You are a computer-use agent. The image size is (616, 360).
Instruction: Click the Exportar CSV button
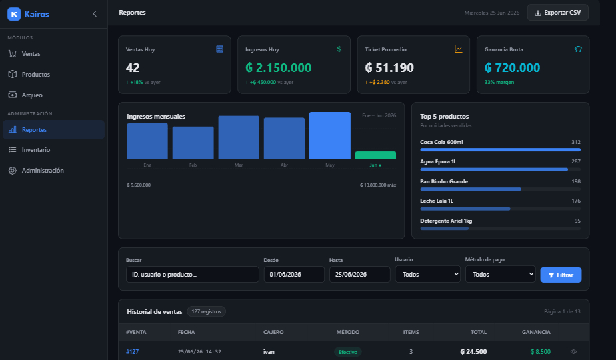(558, 13)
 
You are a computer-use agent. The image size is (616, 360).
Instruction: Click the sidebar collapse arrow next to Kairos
(95, 14)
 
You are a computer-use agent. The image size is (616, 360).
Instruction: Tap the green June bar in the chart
(375, 155)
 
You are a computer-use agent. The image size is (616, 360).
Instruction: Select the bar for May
(330, 135)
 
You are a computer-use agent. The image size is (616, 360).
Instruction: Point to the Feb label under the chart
(193, 165)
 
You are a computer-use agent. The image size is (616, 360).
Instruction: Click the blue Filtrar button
(561, 275)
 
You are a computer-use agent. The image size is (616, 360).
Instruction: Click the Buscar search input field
(193, 274)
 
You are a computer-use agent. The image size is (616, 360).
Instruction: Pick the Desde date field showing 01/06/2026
(294, 274)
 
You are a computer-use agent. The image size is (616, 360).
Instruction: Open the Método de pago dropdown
(501, 274)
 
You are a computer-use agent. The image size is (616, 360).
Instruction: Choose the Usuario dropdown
(427, 274)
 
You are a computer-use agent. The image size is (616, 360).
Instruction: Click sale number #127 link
(133, 352)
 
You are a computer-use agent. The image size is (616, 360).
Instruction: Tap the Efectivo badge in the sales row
(348, 352)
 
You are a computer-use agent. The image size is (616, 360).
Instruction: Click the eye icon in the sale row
(573, 352)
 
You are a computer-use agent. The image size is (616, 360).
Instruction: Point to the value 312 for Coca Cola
(576, 142)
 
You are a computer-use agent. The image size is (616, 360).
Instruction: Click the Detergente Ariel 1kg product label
(446, 221)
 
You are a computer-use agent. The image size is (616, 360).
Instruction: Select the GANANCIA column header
(536, 332)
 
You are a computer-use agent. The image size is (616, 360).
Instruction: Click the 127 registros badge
(206, 311)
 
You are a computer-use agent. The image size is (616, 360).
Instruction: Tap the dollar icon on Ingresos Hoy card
(339, 49)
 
